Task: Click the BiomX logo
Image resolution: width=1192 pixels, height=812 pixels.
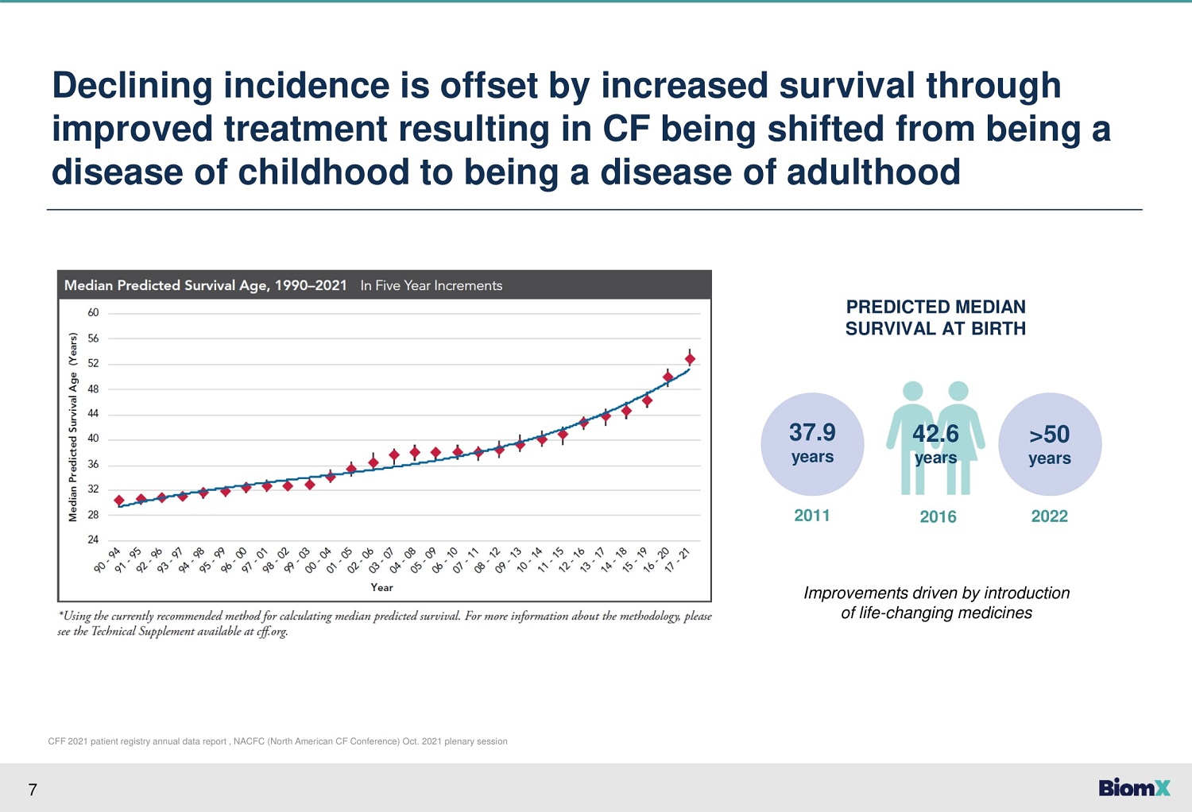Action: click(x=1134, y=787)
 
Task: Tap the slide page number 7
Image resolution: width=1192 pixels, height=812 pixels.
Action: click(x=33, y=790)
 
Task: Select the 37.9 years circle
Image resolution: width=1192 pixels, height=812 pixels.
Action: click(x=812, y=444)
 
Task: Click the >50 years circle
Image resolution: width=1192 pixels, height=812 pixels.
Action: click(x=1050, y=444)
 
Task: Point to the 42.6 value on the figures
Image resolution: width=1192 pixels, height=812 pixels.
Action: click(x=935, y=434)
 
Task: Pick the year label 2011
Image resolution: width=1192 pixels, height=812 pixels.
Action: click(x=812, y=516)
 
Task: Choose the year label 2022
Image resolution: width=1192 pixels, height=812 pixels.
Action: click(x=1050, y=516)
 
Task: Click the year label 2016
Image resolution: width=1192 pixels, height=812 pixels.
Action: click(x=939, y=516)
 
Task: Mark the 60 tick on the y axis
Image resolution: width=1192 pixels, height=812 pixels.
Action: click(x=93, y=312)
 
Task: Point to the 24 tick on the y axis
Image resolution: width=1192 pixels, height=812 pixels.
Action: click(x=93, y=539)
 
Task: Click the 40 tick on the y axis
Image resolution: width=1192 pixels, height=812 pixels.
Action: click(x=93, y=439)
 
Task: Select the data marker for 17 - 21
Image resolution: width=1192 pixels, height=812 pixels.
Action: click(x=690, y=358)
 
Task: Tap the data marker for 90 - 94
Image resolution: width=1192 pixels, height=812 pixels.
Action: click(x=119, y=501)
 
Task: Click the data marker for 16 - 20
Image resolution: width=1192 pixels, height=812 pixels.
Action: click(x=668, y=377)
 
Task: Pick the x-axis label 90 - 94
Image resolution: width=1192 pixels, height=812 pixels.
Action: click(x=107, y=560)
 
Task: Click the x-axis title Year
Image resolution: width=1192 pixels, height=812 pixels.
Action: click(x=381, y=587)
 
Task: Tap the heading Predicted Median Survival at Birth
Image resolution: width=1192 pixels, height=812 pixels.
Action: click(x=935, y=318)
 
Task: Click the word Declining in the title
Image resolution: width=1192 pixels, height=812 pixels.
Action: click(x=132, y=86)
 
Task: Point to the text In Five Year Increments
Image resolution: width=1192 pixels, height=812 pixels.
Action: click(x=431, y=286)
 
